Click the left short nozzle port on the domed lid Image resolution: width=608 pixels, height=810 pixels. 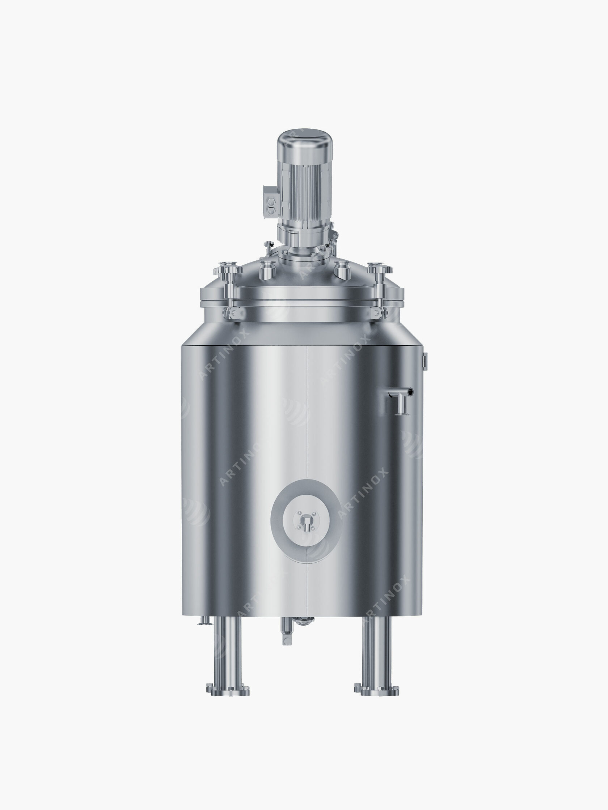[x=267, y=270]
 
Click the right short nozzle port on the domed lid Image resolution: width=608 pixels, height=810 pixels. [x=343, y=270]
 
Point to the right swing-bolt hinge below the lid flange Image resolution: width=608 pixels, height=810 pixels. [x=377, y=312]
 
